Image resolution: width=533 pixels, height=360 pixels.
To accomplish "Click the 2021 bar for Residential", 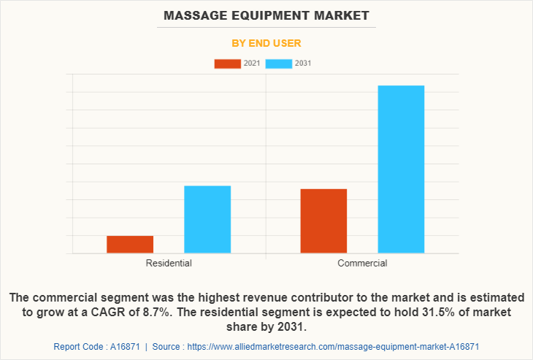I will click(130, 245).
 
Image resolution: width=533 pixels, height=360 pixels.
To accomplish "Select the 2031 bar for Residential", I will click(207, 220).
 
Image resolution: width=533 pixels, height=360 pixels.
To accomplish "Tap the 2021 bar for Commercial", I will click(323, 221).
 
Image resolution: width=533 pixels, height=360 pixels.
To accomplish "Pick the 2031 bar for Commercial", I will click(401, 169).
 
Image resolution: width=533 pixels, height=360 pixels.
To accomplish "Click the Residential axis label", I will click(169, 263).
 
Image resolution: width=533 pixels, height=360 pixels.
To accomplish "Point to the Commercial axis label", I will click(362, 263).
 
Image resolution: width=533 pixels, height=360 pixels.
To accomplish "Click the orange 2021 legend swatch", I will click(227, 64).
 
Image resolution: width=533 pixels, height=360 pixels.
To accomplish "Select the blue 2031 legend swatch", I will click(279, 64).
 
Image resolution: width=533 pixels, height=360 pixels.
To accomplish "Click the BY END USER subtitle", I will click(266, 43).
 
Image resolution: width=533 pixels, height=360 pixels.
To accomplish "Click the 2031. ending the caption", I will click(291, 326).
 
